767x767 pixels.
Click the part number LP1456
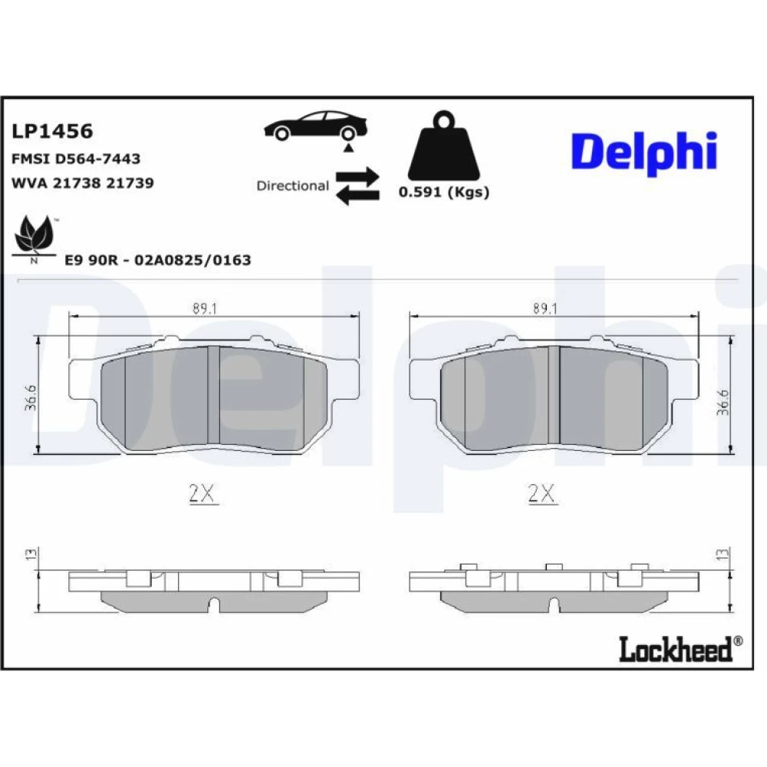tap(52, 131)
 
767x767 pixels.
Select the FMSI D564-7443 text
tap(76, 159)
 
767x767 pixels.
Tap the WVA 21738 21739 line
tap(83, 183)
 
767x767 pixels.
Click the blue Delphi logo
tap(644, 152)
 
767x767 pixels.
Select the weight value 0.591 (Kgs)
tap(444, 192)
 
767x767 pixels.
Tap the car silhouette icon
tap(316, 127)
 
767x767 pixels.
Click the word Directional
tap(292, 186)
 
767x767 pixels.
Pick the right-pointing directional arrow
tap(357, 176)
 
